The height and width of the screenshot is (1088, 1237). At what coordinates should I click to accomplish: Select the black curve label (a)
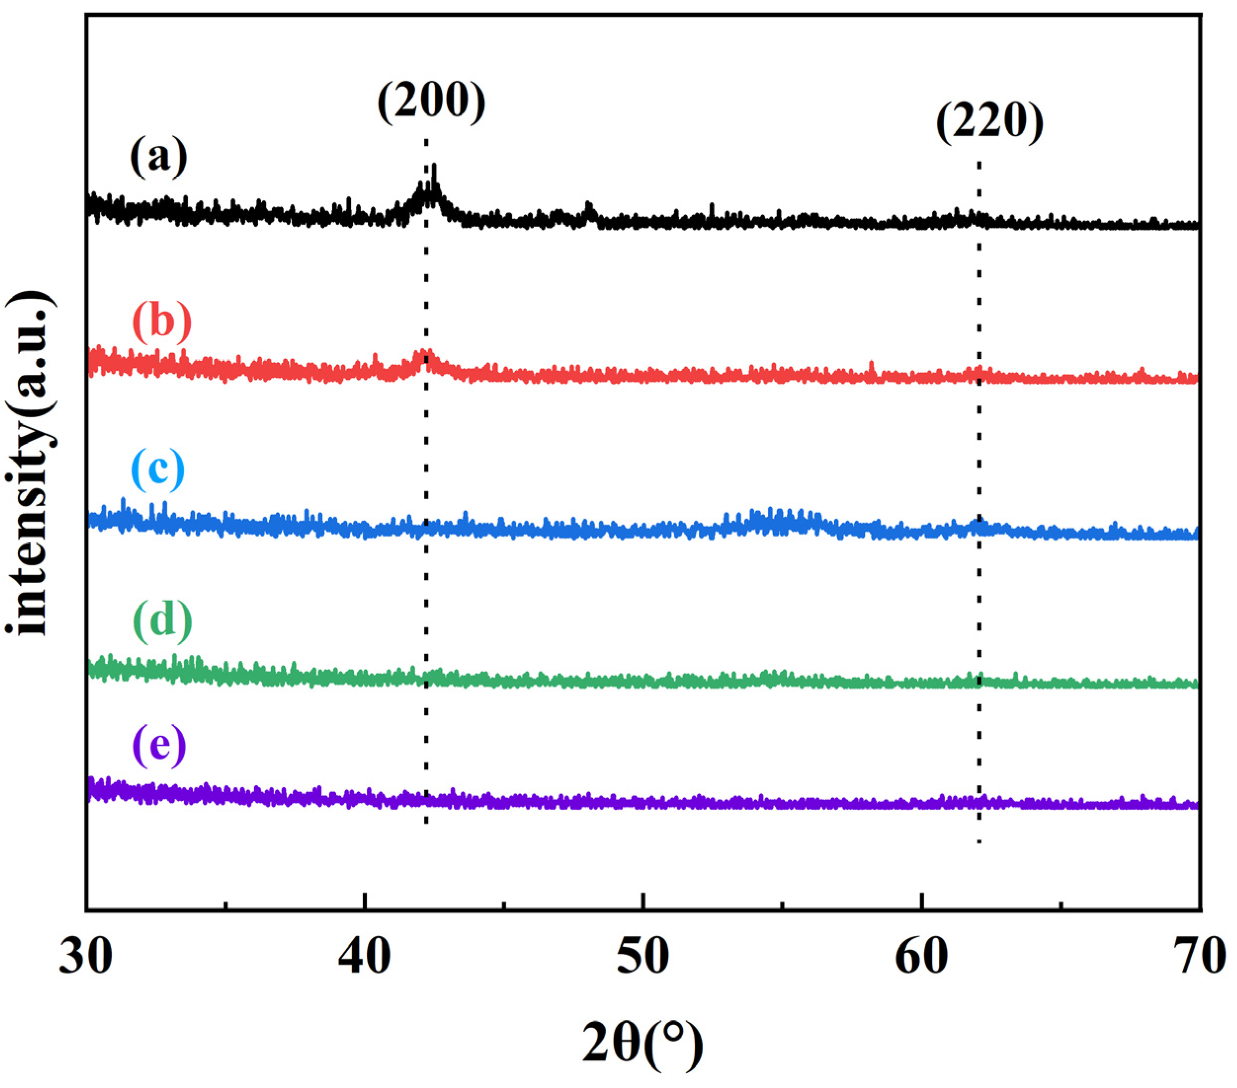click(x=158, y=157)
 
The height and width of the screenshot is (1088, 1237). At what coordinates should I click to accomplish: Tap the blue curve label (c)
click(x=158, y=469)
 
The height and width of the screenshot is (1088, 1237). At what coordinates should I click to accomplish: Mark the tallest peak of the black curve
click(x=434, y=166)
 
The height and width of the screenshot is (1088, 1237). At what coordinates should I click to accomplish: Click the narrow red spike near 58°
click(x=871, y=363)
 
